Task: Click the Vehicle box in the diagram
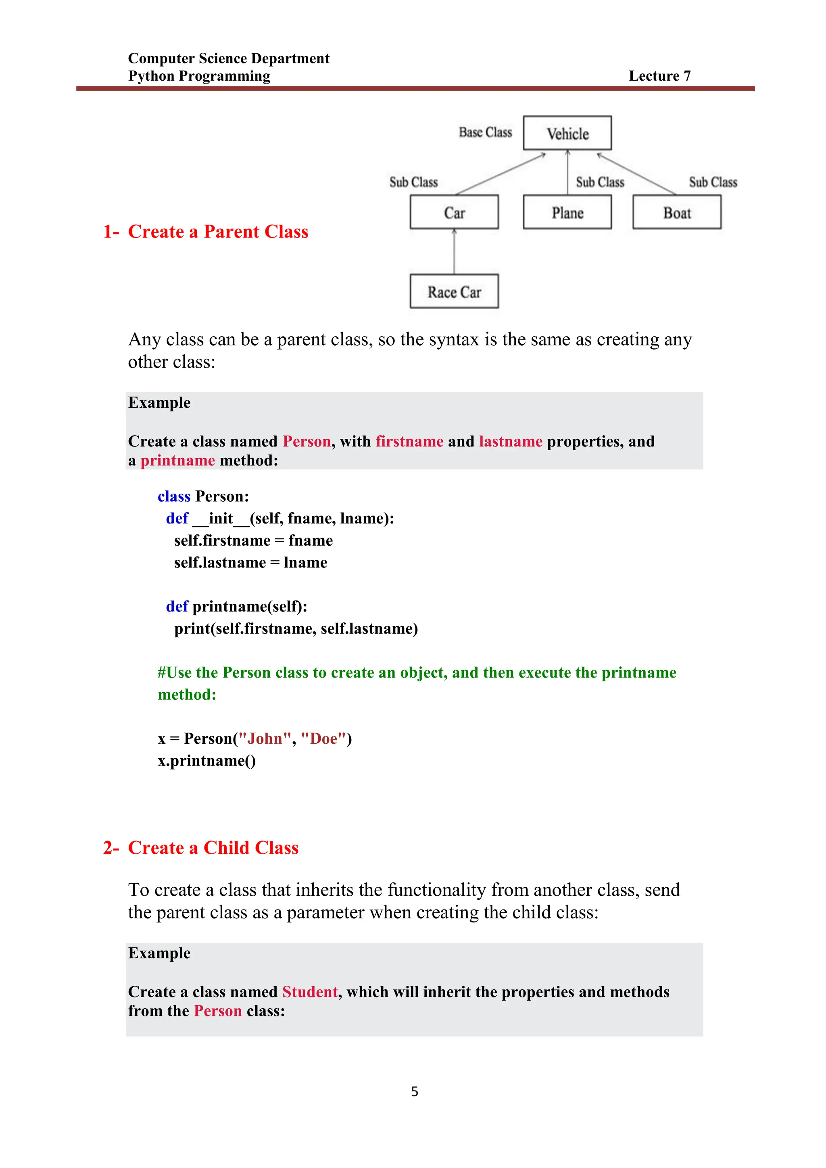click(567, 133)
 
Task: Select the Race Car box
click(454, 292)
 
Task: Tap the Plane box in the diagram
click(567, 213)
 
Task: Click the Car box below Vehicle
click(454, 213)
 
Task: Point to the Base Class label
click(485, 132)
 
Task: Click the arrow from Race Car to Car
click(454, 252)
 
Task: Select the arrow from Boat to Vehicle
click(636, 173)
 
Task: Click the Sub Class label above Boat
click(713, 182)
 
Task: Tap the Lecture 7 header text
click(660, 76)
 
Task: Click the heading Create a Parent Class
click(218, 232)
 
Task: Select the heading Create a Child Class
click(213, 847)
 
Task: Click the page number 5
click(415, 1091)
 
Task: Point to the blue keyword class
click(174, 496)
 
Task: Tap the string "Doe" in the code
click(323, 738)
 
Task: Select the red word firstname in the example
click(409, 441)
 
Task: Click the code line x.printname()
click(206, 761)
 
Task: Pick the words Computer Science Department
click(228, 58)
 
